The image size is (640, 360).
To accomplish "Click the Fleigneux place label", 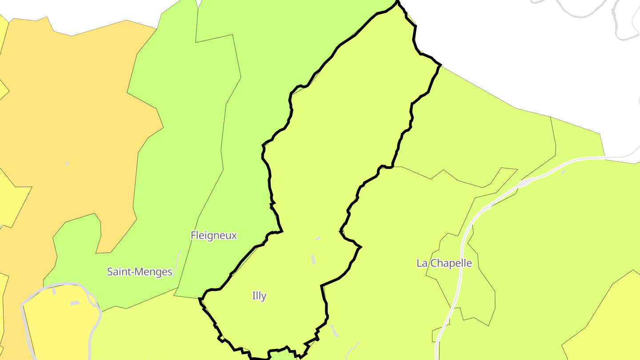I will (214, 235).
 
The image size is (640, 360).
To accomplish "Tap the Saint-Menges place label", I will (140, 272).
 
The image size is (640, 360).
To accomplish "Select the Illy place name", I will (259, 296).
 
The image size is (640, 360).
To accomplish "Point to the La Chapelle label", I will (444, 263).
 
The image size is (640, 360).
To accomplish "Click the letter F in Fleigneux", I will (193, 235).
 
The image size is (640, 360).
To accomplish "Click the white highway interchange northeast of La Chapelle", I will (525, 182).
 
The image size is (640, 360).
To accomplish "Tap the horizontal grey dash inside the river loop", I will (75, 303).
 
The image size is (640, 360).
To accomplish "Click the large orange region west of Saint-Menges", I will (80, 133).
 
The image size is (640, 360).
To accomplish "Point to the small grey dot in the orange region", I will (67, 164).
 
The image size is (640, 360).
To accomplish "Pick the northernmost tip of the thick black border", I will (397, 2).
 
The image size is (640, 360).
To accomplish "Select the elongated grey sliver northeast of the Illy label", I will (313, 259).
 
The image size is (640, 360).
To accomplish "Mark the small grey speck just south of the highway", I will (563, 172).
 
